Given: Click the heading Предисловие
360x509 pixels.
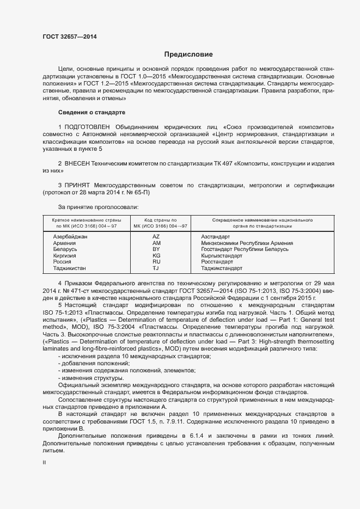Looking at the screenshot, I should [188, 54].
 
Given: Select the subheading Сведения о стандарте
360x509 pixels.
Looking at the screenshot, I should [91, 112].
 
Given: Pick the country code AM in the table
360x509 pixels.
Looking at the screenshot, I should [156, 243].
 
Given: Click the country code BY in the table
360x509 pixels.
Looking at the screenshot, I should [156, 249].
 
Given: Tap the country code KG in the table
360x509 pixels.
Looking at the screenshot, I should [156, 255].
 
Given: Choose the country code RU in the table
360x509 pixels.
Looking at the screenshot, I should [156, 262].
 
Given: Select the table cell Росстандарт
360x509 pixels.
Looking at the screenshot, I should [217, 262].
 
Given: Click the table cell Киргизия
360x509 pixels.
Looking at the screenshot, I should [64, 255].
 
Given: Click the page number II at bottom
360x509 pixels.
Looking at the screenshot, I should [44, 462].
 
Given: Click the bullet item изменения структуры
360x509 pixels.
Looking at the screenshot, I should [90, 378].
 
